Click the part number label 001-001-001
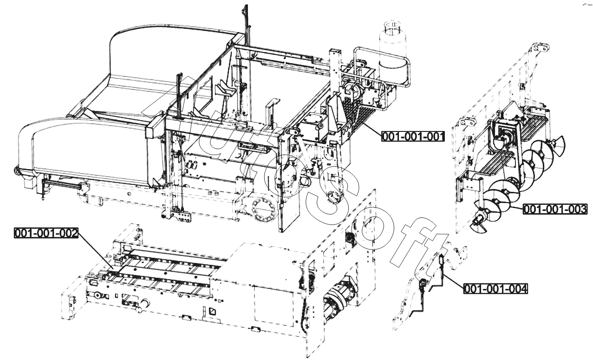[413, 137]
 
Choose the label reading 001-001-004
[495, 289]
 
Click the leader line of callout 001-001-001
[372, 126]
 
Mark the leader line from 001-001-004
[453, 281]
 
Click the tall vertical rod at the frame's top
[245, 23]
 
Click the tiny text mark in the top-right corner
[587, 5]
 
